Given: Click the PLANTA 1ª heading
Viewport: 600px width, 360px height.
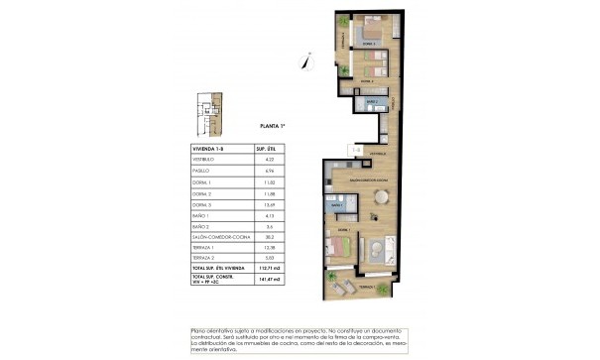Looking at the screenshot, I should tap(273, 127).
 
